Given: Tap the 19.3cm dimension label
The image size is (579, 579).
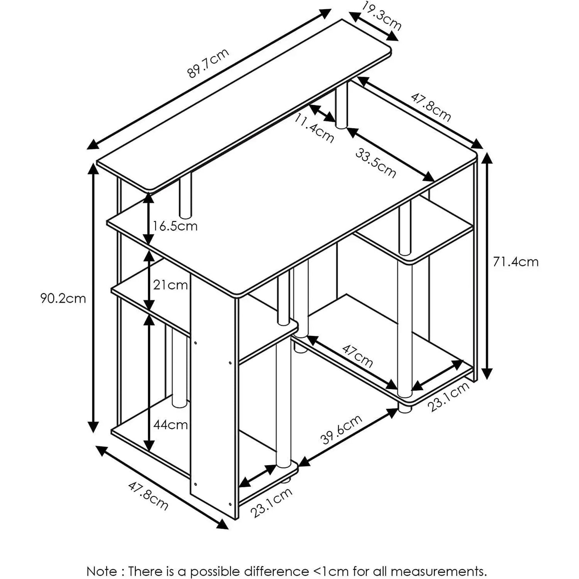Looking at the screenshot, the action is point(381,16).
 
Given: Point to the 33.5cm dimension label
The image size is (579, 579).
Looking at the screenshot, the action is point(375,163).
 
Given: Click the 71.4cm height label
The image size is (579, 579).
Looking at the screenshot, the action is point(515,262).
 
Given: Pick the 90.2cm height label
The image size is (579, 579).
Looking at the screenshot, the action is point(63,299).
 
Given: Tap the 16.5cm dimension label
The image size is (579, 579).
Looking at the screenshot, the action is point(175,226).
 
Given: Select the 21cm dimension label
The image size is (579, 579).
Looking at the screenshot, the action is point(170,285).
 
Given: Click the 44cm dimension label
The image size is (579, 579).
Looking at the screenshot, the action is point(170,425).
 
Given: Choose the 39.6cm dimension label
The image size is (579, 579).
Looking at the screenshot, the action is point(342,430).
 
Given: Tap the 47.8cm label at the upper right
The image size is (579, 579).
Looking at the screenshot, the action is point(431,107).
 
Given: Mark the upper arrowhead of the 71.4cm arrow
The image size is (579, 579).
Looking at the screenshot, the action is point(488,158).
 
